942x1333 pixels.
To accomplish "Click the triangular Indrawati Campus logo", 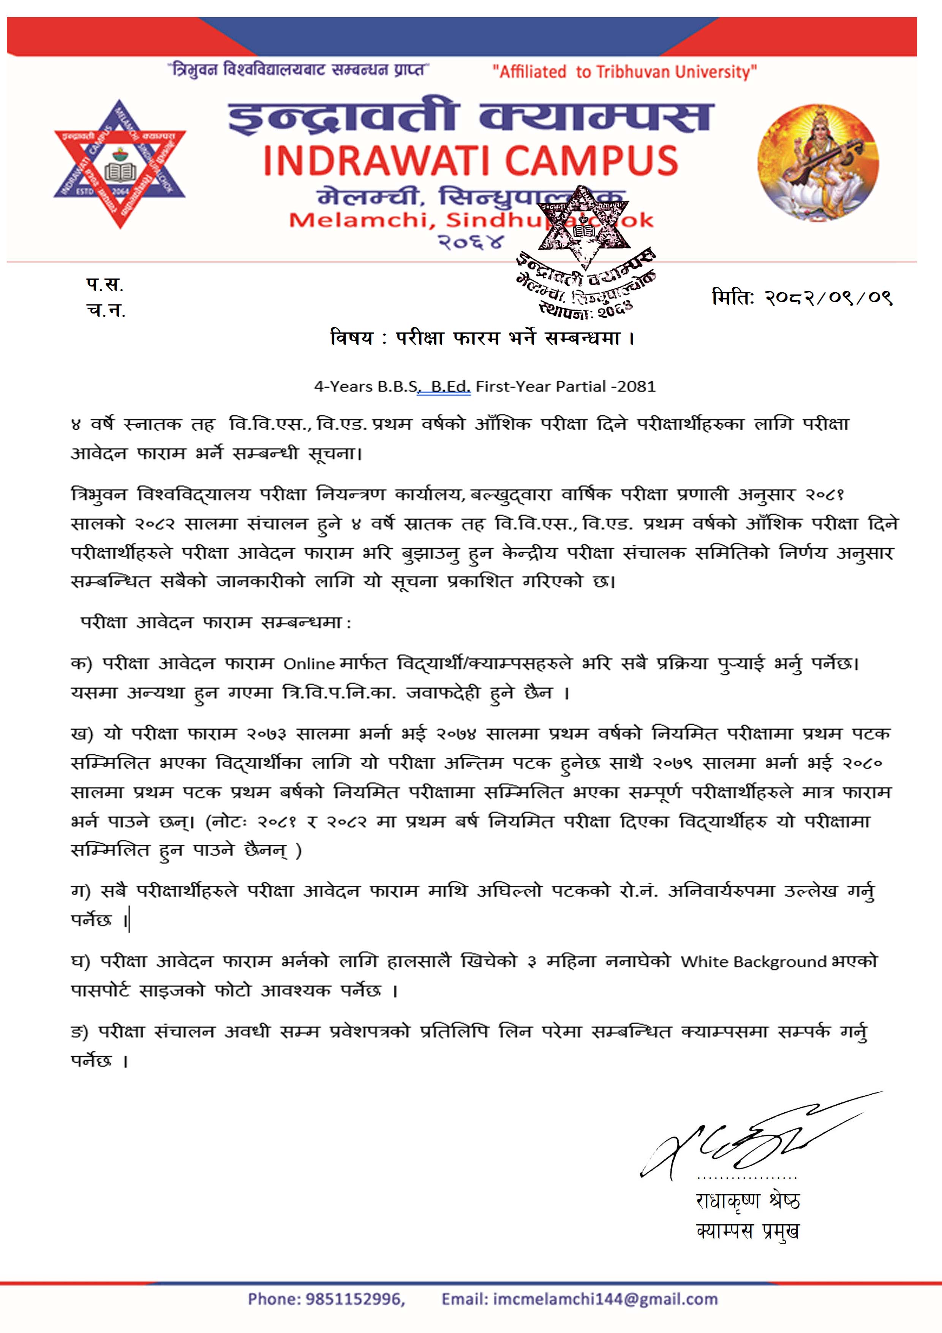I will tap(120, 168).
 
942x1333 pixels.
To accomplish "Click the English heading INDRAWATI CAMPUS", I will tap(471, 161).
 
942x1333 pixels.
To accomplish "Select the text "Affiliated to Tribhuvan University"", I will tap(624, 72).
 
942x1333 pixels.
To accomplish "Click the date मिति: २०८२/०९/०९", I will tap(801, 298).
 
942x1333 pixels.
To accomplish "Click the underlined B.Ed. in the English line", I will tap(450, 387).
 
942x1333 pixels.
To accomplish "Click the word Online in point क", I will tap(309, 663).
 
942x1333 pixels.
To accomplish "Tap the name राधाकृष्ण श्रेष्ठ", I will tap(748, 1201).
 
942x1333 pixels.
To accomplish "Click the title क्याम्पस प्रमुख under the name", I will tap(748, 1231).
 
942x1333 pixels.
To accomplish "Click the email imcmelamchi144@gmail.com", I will tap(605, 1299).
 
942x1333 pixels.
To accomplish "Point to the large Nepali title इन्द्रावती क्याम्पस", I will tap(471, 117).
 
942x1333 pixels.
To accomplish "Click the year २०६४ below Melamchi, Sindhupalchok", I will tap(471, 242).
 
